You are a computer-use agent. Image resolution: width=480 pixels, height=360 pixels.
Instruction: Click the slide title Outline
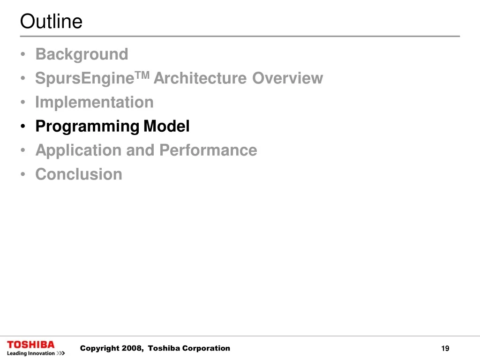[51, 21]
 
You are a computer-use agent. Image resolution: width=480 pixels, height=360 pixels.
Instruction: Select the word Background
[82, 54]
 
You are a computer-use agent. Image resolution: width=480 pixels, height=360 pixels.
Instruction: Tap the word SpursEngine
[85, 79]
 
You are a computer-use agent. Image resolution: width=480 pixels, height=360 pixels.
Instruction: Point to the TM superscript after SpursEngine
[142, 75]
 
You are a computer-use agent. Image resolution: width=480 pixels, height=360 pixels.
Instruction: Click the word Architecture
[200, 78]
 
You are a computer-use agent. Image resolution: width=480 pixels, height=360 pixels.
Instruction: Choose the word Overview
[287, 78]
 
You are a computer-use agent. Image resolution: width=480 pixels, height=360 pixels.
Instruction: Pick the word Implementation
[94, 102]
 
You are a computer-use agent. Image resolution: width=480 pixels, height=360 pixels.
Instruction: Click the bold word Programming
[87, 127]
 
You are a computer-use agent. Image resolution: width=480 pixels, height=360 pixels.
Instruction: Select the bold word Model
[166, 126]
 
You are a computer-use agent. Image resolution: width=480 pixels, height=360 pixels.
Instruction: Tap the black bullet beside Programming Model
[23, 126]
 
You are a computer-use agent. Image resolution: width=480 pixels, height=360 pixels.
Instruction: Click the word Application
[78, 150]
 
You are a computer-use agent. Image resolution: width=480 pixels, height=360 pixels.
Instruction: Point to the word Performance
[208, 150]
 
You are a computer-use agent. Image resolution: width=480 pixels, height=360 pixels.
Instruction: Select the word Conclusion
[79, 174]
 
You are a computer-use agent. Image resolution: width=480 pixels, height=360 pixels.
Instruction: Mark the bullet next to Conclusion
[23, 174]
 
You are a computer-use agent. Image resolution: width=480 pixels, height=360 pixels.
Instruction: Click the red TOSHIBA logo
[30, 345]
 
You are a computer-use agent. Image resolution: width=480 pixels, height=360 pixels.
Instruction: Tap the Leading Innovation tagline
[30, 353]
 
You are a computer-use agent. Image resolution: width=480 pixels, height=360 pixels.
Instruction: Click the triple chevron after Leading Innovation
[61, 353]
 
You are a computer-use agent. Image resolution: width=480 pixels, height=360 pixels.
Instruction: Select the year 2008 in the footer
[132, 348]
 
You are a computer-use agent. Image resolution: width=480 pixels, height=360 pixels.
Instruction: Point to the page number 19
[445, 348]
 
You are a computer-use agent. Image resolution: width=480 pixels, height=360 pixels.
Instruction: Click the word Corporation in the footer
[206, 348]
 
